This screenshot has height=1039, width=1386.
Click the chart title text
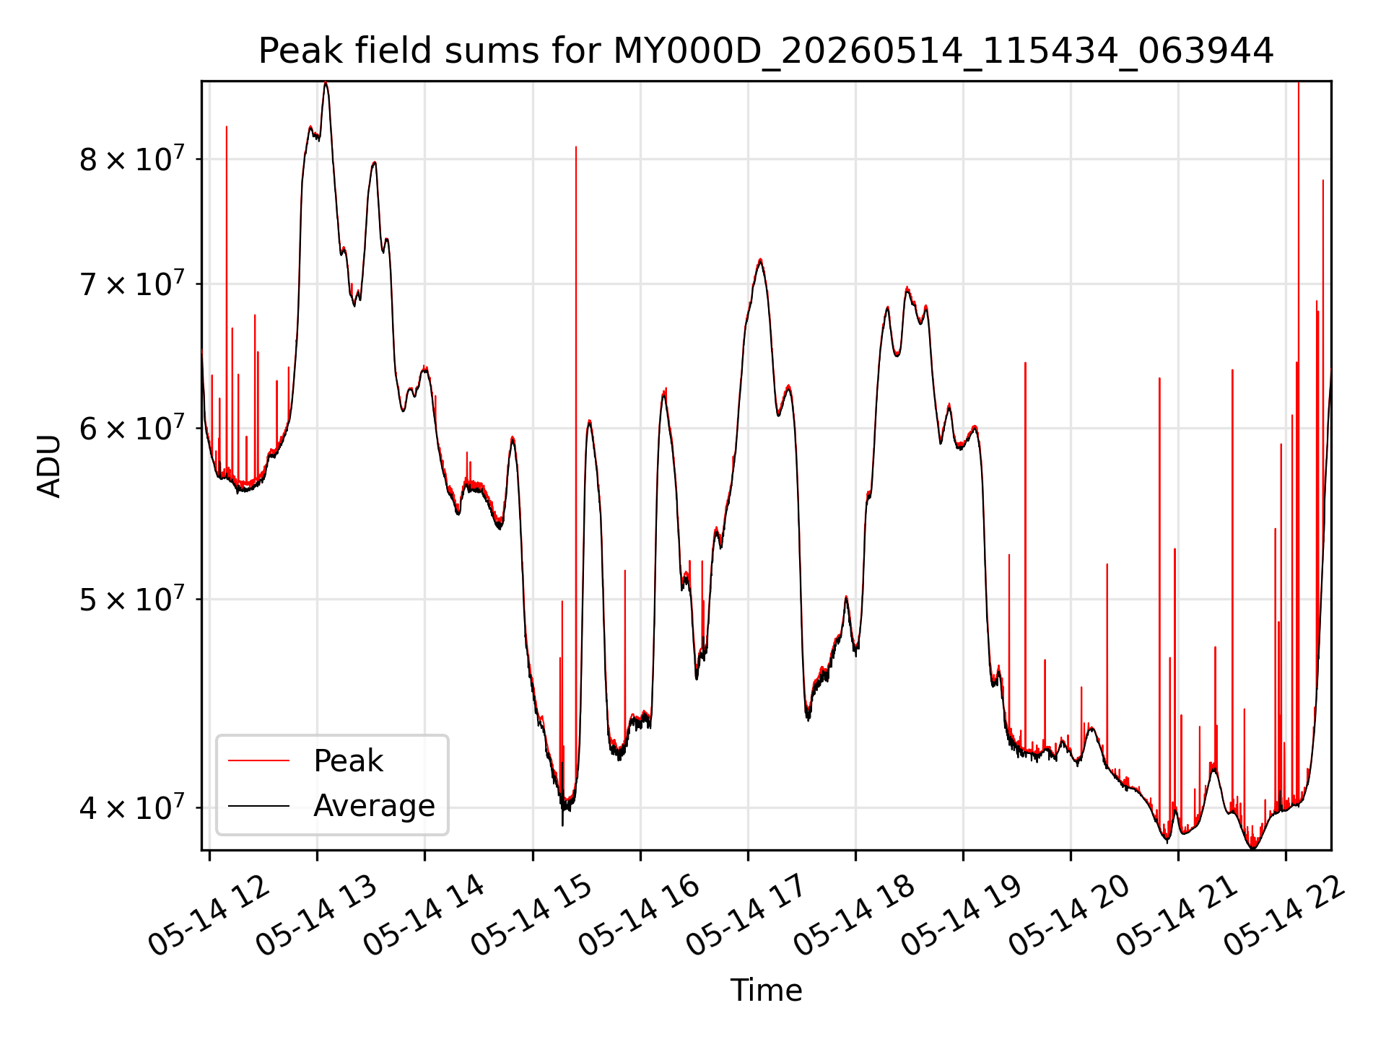coord(766,51)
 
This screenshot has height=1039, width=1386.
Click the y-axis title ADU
coord(49,465)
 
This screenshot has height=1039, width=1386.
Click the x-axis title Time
coord(766,990)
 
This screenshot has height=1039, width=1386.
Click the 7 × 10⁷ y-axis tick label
coord(131,283)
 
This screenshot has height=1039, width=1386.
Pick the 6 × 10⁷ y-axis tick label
coord(131,427)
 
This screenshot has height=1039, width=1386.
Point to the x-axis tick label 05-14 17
coord(746,915)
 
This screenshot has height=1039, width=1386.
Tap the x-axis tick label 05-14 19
coord(962,915)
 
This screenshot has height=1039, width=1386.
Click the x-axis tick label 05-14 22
coord(1285,915)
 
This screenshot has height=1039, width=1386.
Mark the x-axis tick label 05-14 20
coord(1069,915)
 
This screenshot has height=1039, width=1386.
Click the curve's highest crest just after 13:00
coord(326,83)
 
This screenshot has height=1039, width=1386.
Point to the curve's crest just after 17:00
coord(760,260)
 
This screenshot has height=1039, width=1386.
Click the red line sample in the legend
coord(258,761)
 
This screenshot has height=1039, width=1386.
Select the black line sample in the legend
coord(258,806)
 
